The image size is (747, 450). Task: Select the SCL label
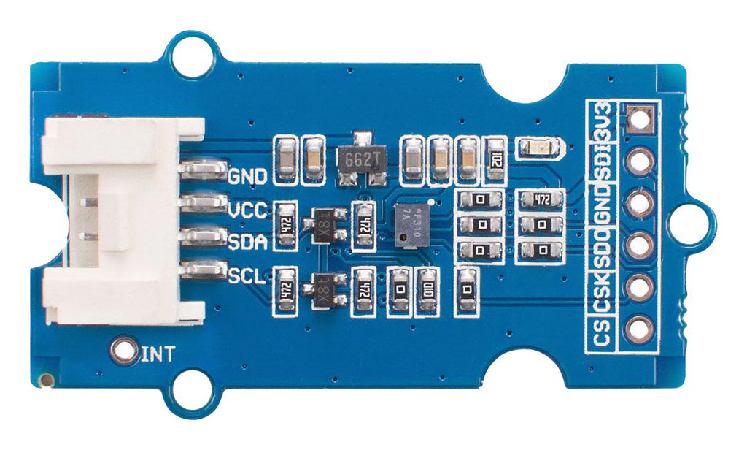tap(247, 277)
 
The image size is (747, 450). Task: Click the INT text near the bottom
tap(158, 356)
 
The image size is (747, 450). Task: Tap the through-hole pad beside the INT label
tap(125, 351)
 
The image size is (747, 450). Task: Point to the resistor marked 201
tap(497, 160)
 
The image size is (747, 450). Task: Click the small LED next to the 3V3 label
tap(539, 148)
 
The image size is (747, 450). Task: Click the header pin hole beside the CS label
tap(639, 329)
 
